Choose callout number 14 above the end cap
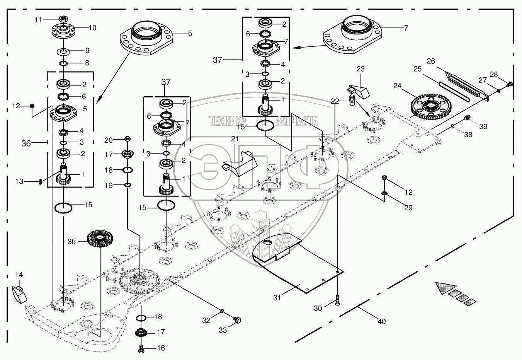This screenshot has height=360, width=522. pos(19,275)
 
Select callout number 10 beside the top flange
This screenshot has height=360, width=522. pos(92,28)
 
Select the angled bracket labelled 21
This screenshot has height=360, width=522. pos(239,163)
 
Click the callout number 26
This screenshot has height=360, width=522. pos(431,61)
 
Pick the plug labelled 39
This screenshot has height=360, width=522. pos(466,118)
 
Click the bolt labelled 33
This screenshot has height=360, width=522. pos(237,319)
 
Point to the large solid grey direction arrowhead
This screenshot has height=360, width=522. pos(445,288)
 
